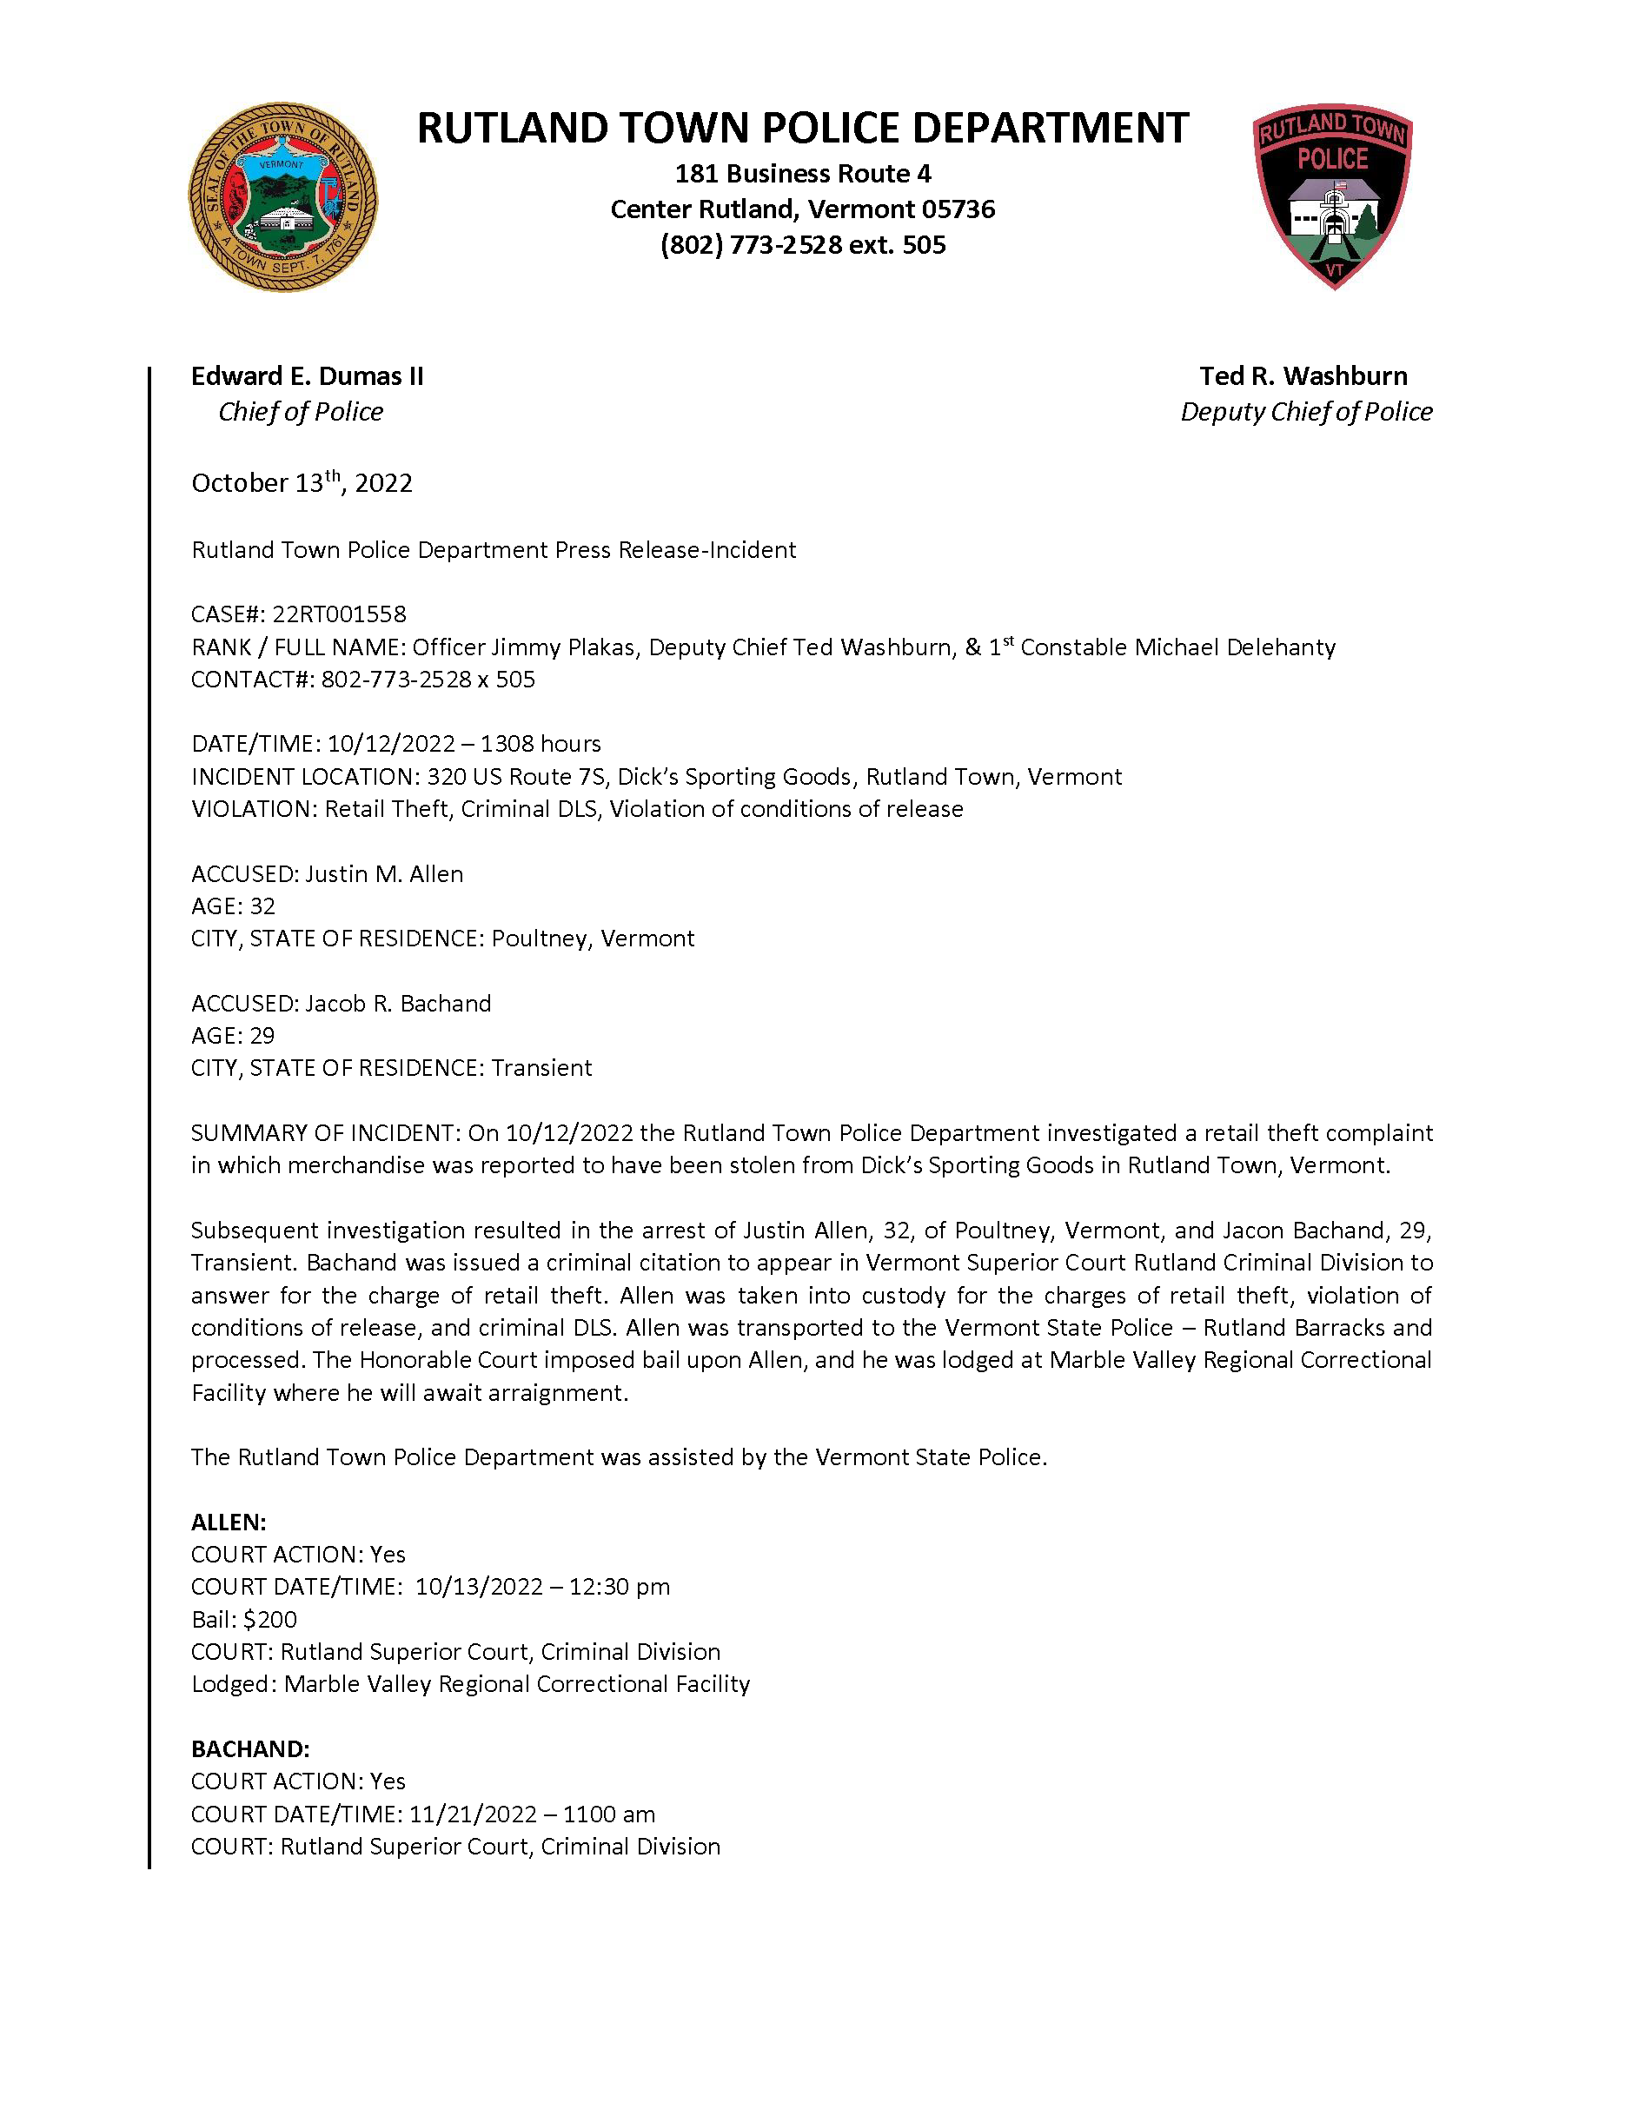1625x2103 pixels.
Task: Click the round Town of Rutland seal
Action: click(x=282, y=197)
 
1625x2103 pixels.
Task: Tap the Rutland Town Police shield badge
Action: click(x=1332, y=196)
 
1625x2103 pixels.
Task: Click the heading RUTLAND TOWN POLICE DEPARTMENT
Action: click(x=802, y=129)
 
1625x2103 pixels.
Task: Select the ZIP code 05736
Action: click(x=958, y=210)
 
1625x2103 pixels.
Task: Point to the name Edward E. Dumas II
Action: click(x=307, y=375)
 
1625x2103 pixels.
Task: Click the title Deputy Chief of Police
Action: click(x=1305, y=412)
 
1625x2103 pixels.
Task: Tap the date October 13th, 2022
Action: click(x=302, y=482)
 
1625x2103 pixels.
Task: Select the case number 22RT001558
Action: click(x=339, y=614)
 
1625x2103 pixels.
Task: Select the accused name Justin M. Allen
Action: click(x=384, y=873)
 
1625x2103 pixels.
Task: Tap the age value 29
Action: click(x=262, y=1035)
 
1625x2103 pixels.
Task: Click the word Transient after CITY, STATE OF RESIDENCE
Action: click(x=541, y=1068)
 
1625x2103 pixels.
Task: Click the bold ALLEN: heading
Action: click(x=229, y=1523)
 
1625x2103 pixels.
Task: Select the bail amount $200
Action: click(x=269, y=1620)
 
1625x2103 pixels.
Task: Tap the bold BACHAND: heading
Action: click(x=250, y=1749)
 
